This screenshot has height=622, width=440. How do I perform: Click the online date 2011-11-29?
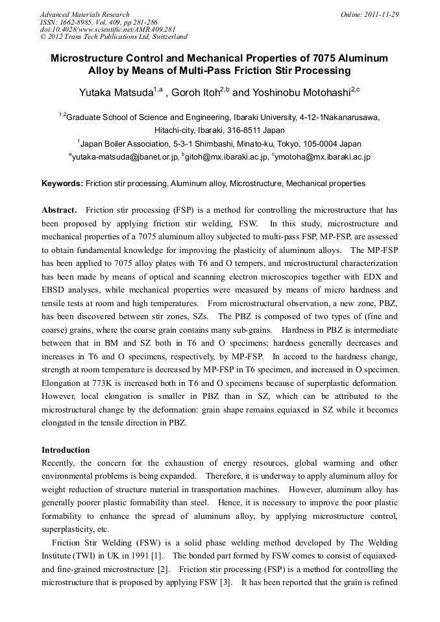(382, 14)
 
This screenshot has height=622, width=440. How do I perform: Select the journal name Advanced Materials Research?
(85, 14)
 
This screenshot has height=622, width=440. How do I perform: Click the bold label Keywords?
(62, 184)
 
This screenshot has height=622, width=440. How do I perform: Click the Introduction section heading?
(66, 449)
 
